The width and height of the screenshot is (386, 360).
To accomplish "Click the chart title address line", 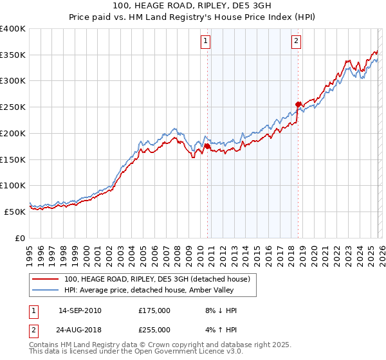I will [192, 6].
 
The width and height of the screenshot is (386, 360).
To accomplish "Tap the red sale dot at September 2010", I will [207, 147].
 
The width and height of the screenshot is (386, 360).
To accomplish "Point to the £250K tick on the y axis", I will [13, 107].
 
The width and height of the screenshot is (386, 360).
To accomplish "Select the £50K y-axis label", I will [15, 212].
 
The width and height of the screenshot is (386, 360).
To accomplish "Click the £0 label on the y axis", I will [20, 238].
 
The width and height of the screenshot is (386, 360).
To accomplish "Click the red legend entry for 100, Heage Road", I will [160, 279].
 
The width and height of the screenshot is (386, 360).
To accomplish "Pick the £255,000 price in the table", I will [154, 330].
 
